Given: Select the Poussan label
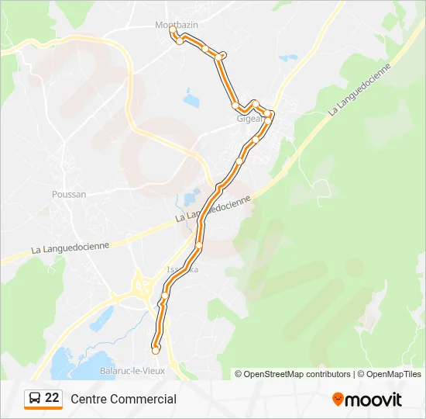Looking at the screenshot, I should (x=69, y=194).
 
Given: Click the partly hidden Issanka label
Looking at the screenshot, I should (x=183, y=269).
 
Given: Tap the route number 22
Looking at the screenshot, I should (x=52, y=398).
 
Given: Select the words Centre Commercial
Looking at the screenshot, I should (x=123, y=400).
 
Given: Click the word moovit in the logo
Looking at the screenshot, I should (x=373, y=400).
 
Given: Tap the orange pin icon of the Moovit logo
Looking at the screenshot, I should (x=338, y=400).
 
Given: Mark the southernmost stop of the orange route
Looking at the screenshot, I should (x=156, y=350).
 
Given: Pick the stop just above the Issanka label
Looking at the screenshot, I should (x=199, y=245).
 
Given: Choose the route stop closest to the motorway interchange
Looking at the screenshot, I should (x=164, y=295).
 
